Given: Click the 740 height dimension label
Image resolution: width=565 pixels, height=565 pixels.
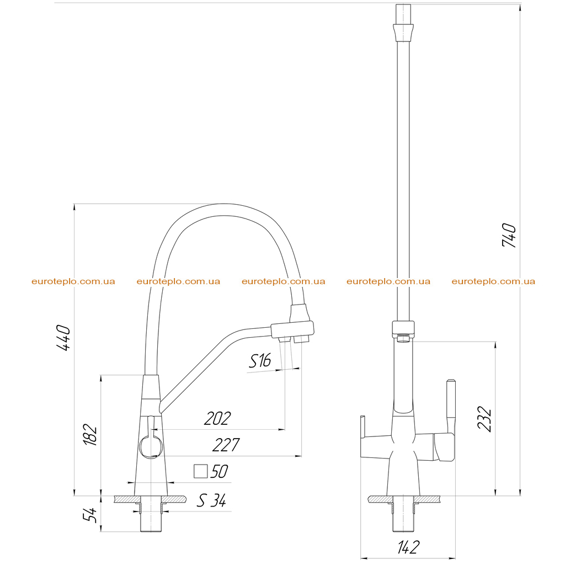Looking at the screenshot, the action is click(x=509, y=235).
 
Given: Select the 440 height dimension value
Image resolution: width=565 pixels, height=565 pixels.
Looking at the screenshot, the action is click(x=63, y=338).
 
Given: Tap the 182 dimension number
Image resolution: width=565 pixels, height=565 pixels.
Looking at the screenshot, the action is click(x=90, y=435).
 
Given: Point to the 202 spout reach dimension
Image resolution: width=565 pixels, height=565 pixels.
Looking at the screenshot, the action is click(x=217, y=418).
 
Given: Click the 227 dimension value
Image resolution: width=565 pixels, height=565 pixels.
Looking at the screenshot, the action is click(x=226, y=445).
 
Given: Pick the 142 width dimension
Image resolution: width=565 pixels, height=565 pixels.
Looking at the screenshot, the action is click(x=409, y=547).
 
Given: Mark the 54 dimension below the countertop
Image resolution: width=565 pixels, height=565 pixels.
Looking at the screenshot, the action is click(x=90, y=515).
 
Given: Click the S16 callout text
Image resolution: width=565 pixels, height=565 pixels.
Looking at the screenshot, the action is click(x=260, y=361).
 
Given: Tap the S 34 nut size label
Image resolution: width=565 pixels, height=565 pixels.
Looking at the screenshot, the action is click(x=211, y=500).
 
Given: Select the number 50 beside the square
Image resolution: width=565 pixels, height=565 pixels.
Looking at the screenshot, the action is click(x=219, y=471).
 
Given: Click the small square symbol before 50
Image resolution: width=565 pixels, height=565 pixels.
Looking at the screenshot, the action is click(x=201, y=471).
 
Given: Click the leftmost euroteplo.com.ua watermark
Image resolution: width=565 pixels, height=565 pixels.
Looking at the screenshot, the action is click(x=73, y=281).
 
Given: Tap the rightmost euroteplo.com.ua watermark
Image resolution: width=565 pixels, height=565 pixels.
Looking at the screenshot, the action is click(x=493, y=281).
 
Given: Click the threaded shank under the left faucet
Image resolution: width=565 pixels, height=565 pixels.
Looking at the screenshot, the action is click(x=151, y=514).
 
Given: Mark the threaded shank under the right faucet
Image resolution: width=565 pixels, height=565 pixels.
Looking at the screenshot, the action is click(x=403, y=514).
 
